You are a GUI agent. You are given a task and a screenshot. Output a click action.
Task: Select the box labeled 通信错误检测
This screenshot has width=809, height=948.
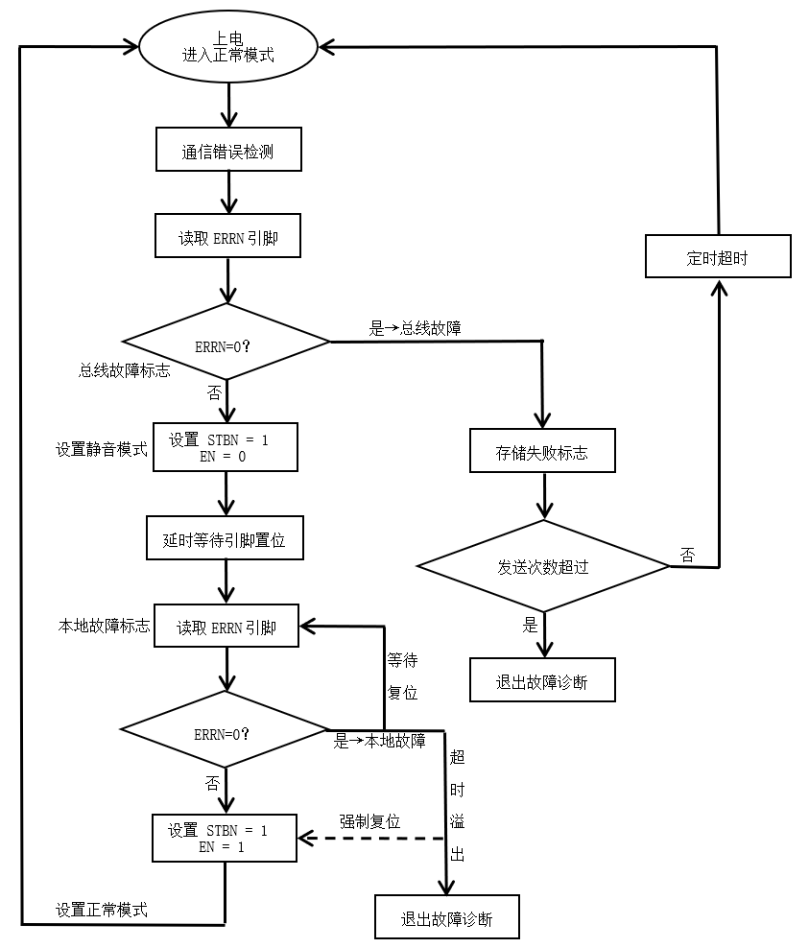(228, 150)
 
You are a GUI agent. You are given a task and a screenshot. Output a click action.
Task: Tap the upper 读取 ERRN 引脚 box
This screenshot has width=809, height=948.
(227, 237)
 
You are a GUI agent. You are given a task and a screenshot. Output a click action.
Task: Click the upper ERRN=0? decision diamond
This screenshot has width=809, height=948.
(226, 343)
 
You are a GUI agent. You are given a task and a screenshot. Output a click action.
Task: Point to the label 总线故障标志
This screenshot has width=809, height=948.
(124, 370)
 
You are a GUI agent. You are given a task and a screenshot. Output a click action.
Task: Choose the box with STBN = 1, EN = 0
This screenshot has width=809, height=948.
(226, 448)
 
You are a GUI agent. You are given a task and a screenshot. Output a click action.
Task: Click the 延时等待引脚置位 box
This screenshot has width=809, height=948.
(225, 539)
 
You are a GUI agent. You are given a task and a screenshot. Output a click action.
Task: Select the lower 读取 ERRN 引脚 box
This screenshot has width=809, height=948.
(226, 628)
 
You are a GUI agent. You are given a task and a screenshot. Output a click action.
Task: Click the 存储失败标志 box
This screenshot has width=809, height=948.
(542, 452)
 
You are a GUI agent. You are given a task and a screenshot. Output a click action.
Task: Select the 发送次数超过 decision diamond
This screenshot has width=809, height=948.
(543, 566)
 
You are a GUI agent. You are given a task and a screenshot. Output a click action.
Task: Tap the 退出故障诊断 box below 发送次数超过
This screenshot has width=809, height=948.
(541, 680)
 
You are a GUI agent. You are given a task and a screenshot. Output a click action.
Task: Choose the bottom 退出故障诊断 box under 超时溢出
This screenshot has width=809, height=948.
(446, 918)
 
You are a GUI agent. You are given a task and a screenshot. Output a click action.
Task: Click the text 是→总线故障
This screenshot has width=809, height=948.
(415, 328)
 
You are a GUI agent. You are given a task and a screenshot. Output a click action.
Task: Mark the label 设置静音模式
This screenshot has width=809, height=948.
(102, 448)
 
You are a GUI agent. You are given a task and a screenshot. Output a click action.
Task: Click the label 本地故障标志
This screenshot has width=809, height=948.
(104, 627)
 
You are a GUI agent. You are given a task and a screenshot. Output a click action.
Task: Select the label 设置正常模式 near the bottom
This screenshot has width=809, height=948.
(102, 909)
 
